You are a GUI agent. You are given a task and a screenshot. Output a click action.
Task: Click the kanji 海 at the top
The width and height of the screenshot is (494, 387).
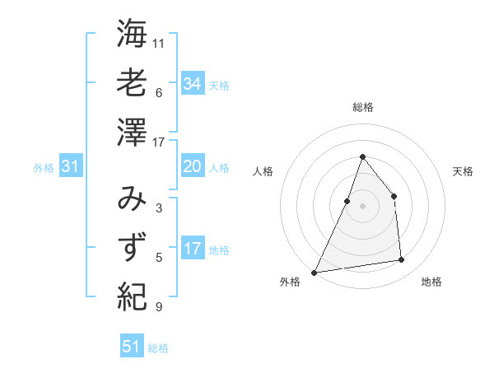[132, 34]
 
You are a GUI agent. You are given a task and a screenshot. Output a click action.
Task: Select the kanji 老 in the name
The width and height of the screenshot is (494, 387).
[132, 82]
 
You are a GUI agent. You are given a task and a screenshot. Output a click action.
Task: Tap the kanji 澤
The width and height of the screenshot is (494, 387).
[132, 132]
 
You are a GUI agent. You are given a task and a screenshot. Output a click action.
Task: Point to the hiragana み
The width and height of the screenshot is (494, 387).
[132, 200]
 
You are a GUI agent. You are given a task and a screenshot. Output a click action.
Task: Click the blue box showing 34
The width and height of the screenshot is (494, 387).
[192, 83]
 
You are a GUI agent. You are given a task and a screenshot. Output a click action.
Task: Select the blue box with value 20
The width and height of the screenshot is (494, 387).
[192, 166]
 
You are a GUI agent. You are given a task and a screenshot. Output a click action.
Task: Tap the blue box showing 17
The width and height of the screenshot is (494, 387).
[192, 249]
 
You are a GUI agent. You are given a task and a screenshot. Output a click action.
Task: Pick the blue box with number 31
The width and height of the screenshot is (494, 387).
[70, 166]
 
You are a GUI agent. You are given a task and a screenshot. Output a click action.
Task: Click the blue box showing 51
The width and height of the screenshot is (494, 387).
[131, 347]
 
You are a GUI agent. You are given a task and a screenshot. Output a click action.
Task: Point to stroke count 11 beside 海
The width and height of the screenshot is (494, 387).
[159, 43]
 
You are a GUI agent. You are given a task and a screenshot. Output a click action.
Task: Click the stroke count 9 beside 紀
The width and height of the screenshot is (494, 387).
[159, 307]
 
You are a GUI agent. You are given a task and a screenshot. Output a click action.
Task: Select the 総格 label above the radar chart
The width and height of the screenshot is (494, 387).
[362, 107]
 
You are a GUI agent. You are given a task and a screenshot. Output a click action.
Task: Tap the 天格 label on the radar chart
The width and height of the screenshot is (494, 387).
[463, 171]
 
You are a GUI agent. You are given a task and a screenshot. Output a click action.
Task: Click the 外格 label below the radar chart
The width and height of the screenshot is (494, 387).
[290, 282]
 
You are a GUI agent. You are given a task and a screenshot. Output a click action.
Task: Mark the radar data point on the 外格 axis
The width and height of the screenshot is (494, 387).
[314, 272]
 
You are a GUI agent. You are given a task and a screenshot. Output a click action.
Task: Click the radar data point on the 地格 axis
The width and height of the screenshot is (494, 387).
[402, 260]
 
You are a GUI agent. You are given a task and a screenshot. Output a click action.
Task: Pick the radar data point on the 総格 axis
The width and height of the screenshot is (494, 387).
[362, 156]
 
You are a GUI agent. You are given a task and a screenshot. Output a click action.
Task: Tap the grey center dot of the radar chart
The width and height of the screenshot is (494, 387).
[362, 206]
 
